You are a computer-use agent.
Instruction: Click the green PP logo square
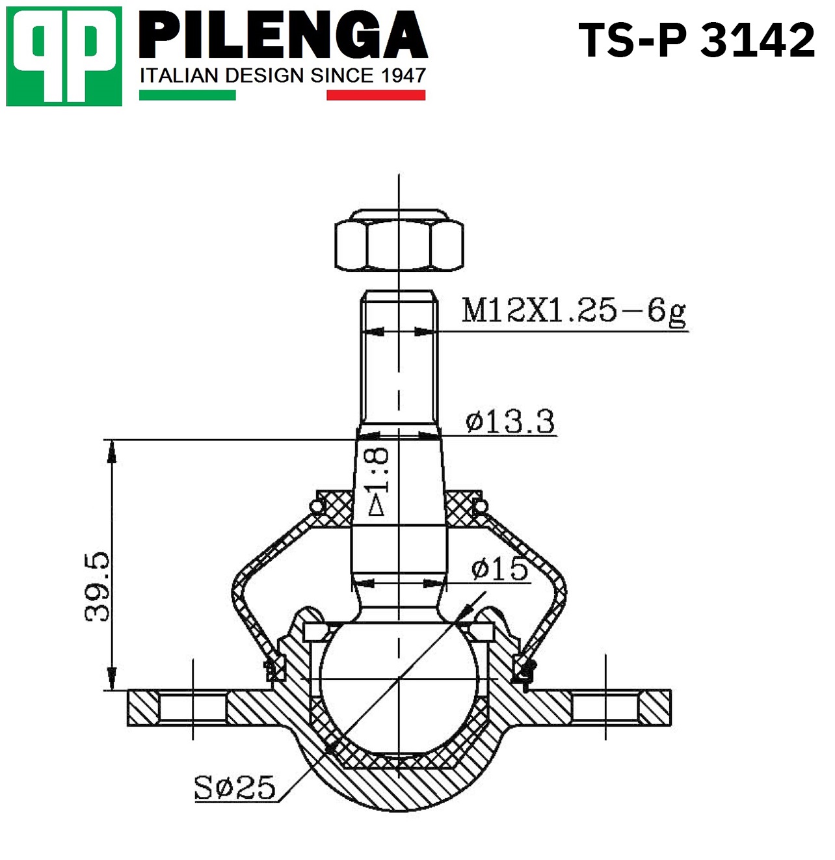tap(64, 56)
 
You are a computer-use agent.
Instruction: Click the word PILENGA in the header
tap(284, 35)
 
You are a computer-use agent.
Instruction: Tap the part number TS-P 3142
tap(696, 40)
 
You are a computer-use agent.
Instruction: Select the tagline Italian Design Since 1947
tap(283, 75)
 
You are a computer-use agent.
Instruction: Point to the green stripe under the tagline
tap(187, 95)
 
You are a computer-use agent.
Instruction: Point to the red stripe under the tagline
tap(376, 95)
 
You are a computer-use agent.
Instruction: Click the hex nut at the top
tap(399, 240)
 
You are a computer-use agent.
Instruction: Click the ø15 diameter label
tap(499, 569)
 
